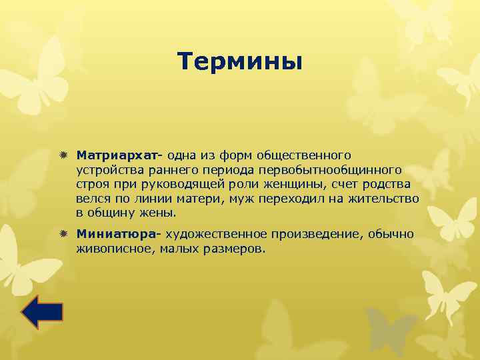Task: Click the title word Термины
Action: click(240, 62)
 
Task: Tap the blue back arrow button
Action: click(42, 312)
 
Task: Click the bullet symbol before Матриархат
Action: click(63, 155)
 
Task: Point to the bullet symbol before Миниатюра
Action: click(63, 234)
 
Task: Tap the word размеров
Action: click(238, 249)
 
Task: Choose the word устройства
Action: click(107, 169)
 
